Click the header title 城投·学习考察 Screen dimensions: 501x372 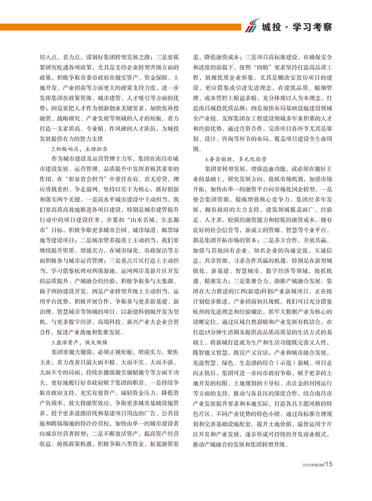[x=296, y=27]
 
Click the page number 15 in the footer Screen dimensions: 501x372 [x=328, y=464]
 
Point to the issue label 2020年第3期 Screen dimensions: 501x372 [x=312, y=465]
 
